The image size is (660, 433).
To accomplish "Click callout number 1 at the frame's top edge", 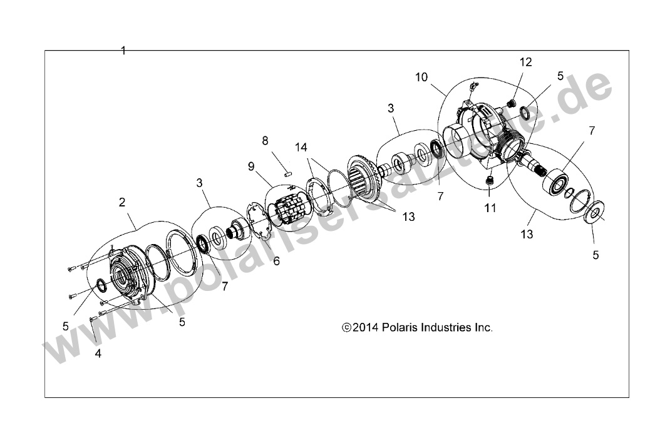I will (123, 51).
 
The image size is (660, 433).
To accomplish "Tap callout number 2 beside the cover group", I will (122, 202).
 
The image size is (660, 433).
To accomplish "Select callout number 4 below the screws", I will (98, 353).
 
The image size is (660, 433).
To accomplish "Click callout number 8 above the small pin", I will (265, 140).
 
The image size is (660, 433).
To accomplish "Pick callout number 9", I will (251, 166).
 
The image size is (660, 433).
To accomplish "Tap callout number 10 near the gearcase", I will (421, 77).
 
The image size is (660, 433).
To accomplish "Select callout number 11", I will (490, 208).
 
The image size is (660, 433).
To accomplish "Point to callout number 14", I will (302, 148).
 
